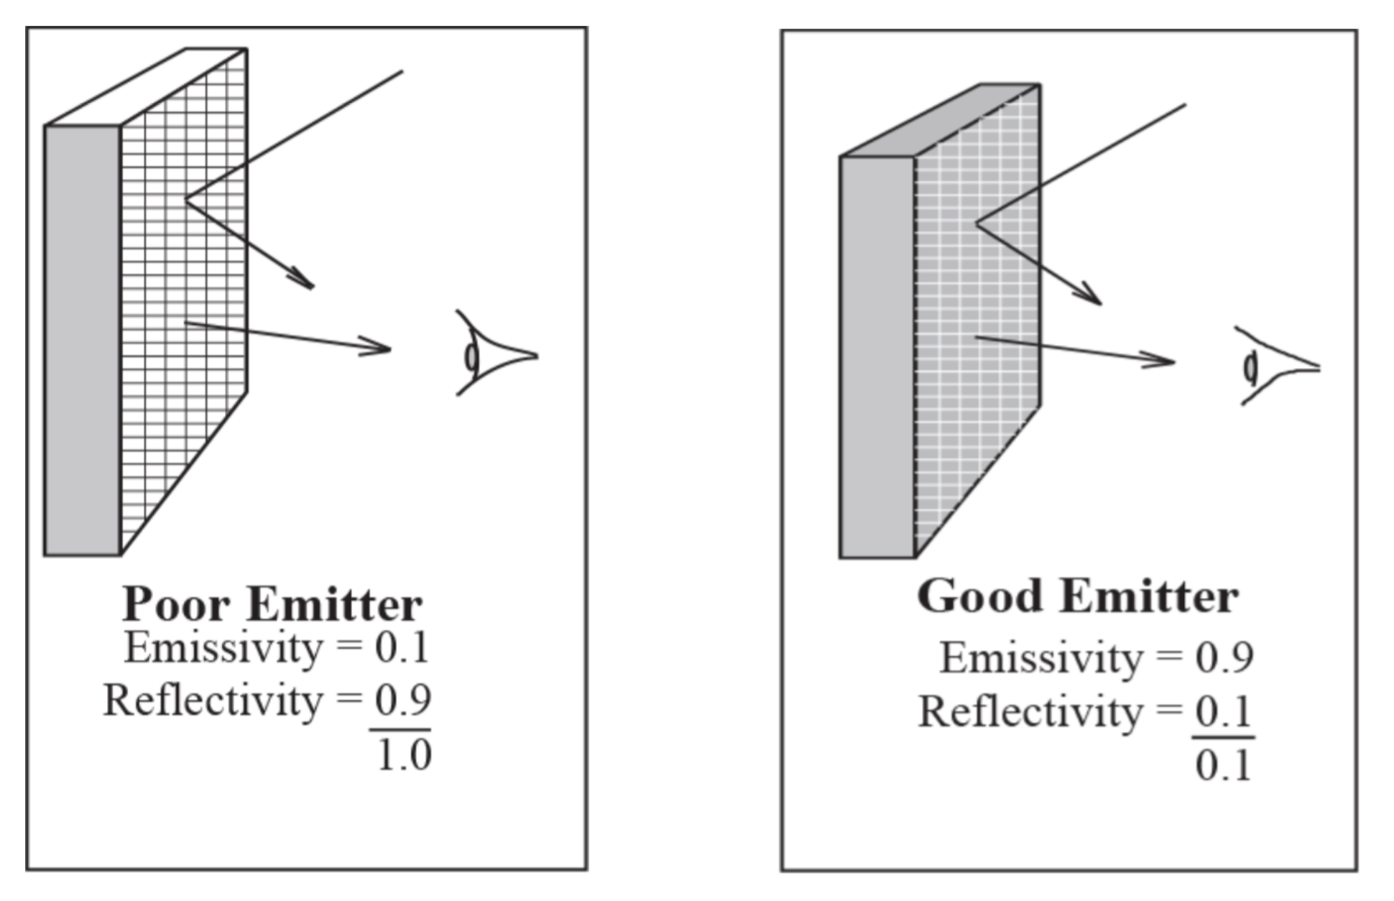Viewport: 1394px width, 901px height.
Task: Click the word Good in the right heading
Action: pos(979,596)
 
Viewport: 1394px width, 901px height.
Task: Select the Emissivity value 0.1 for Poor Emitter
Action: pos(402,648)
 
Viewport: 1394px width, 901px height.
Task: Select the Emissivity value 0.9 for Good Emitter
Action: pos(1224,657)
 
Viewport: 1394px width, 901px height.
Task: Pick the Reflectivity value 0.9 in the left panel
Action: pos(402,700)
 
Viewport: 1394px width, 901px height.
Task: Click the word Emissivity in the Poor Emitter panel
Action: pos(223,648)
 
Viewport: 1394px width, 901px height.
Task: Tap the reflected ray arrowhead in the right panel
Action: pos(1091,296)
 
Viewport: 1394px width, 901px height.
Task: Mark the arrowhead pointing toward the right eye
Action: pos(1163,361)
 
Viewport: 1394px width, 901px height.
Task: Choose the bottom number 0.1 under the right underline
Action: pos(1224,765)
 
